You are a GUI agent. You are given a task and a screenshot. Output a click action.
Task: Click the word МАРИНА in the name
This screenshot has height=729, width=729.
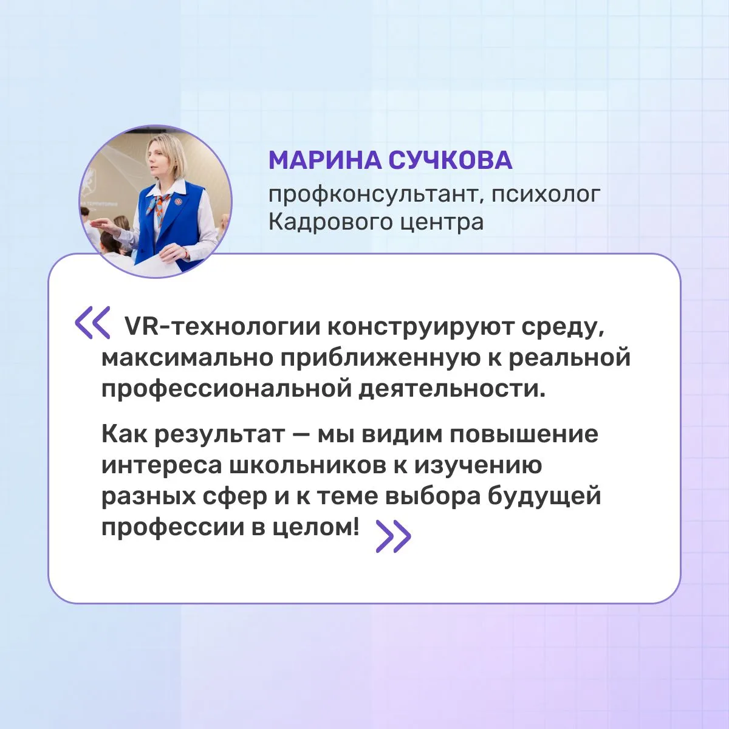tap(325, 160)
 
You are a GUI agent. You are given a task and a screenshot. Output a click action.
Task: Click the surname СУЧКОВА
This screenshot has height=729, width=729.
tap(450, 160)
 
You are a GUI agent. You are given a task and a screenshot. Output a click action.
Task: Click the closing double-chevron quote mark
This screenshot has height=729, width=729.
tap(394, 536)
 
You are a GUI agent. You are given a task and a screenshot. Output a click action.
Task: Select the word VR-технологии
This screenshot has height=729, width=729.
tap(222, 327)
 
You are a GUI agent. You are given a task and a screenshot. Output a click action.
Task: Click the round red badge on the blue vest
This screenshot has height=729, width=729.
tap(178, 200)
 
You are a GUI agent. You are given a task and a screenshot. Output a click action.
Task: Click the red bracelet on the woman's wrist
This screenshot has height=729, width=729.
tap(185, 252)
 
